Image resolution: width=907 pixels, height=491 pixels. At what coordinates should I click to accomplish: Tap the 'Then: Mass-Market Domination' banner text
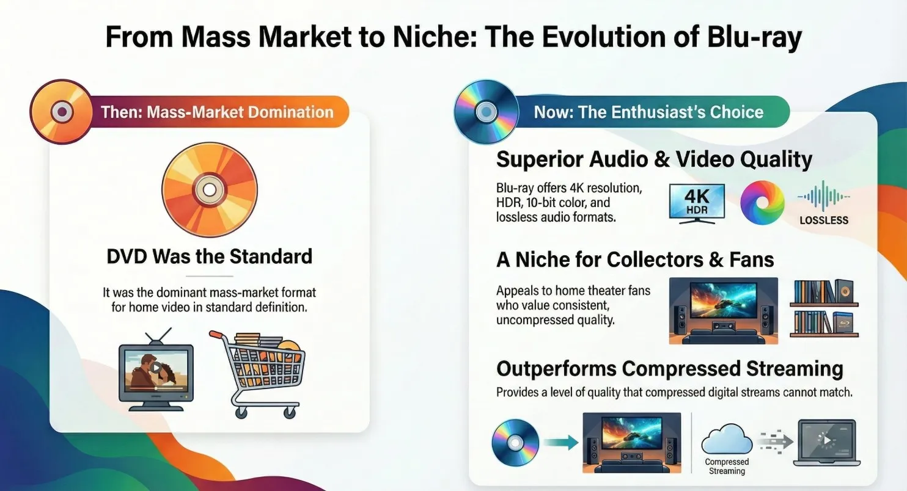(x=217, y=112)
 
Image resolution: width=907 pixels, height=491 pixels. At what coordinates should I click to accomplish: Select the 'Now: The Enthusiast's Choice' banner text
(x=648, y=112)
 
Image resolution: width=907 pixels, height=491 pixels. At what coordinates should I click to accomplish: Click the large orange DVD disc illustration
(x=210, y=190)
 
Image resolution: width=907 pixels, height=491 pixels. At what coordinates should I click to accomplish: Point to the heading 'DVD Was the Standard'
(x=210, y=256)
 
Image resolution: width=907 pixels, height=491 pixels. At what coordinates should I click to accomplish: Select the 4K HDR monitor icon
(x=697, y=203)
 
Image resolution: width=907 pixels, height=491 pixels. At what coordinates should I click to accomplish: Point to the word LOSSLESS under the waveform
(x=824, y=220)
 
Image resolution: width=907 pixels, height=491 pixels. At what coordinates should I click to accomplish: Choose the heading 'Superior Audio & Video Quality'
(x=654, y=159)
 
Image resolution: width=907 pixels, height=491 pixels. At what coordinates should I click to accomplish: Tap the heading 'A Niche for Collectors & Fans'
(x=635, y=260)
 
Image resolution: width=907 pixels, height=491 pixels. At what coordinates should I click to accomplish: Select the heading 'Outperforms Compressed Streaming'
(x=669, y=369)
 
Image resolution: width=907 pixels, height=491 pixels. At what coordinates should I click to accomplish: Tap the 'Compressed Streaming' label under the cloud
(x=727, y=467)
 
